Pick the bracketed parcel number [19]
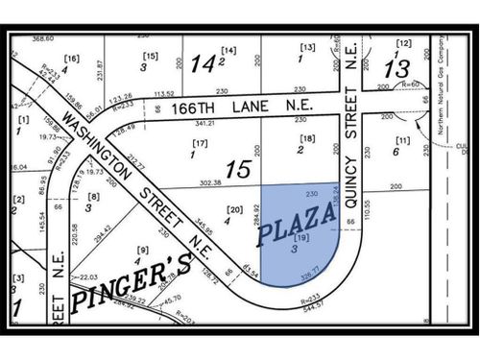(300, 236)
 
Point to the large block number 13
(396, 68)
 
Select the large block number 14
(202, 63)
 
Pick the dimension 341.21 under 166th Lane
(204, 123)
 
